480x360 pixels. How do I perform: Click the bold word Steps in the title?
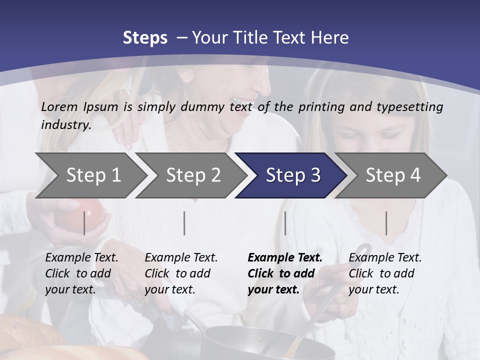pos(145,38)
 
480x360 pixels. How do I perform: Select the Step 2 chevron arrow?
pos(193,175)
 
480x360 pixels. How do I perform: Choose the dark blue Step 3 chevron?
pos(293,175)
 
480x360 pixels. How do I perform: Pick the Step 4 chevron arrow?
pos(393,175)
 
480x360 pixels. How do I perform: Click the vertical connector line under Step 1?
pos(84,223)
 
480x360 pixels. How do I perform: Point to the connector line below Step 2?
pos(184,223)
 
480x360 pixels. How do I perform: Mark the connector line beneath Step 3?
pos(285,223)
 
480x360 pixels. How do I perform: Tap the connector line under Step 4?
pos(386,223)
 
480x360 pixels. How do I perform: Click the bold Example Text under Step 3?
pos(285,273)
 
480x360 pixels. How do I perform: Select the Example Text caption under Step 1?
pos(81,273)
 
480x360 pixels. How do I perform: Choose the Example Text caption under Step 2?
pos(181,273)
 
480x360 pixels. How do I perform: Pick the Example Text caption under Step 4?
pos(385,273)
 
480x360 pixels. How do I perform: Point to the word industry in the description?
pos(66,124)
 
